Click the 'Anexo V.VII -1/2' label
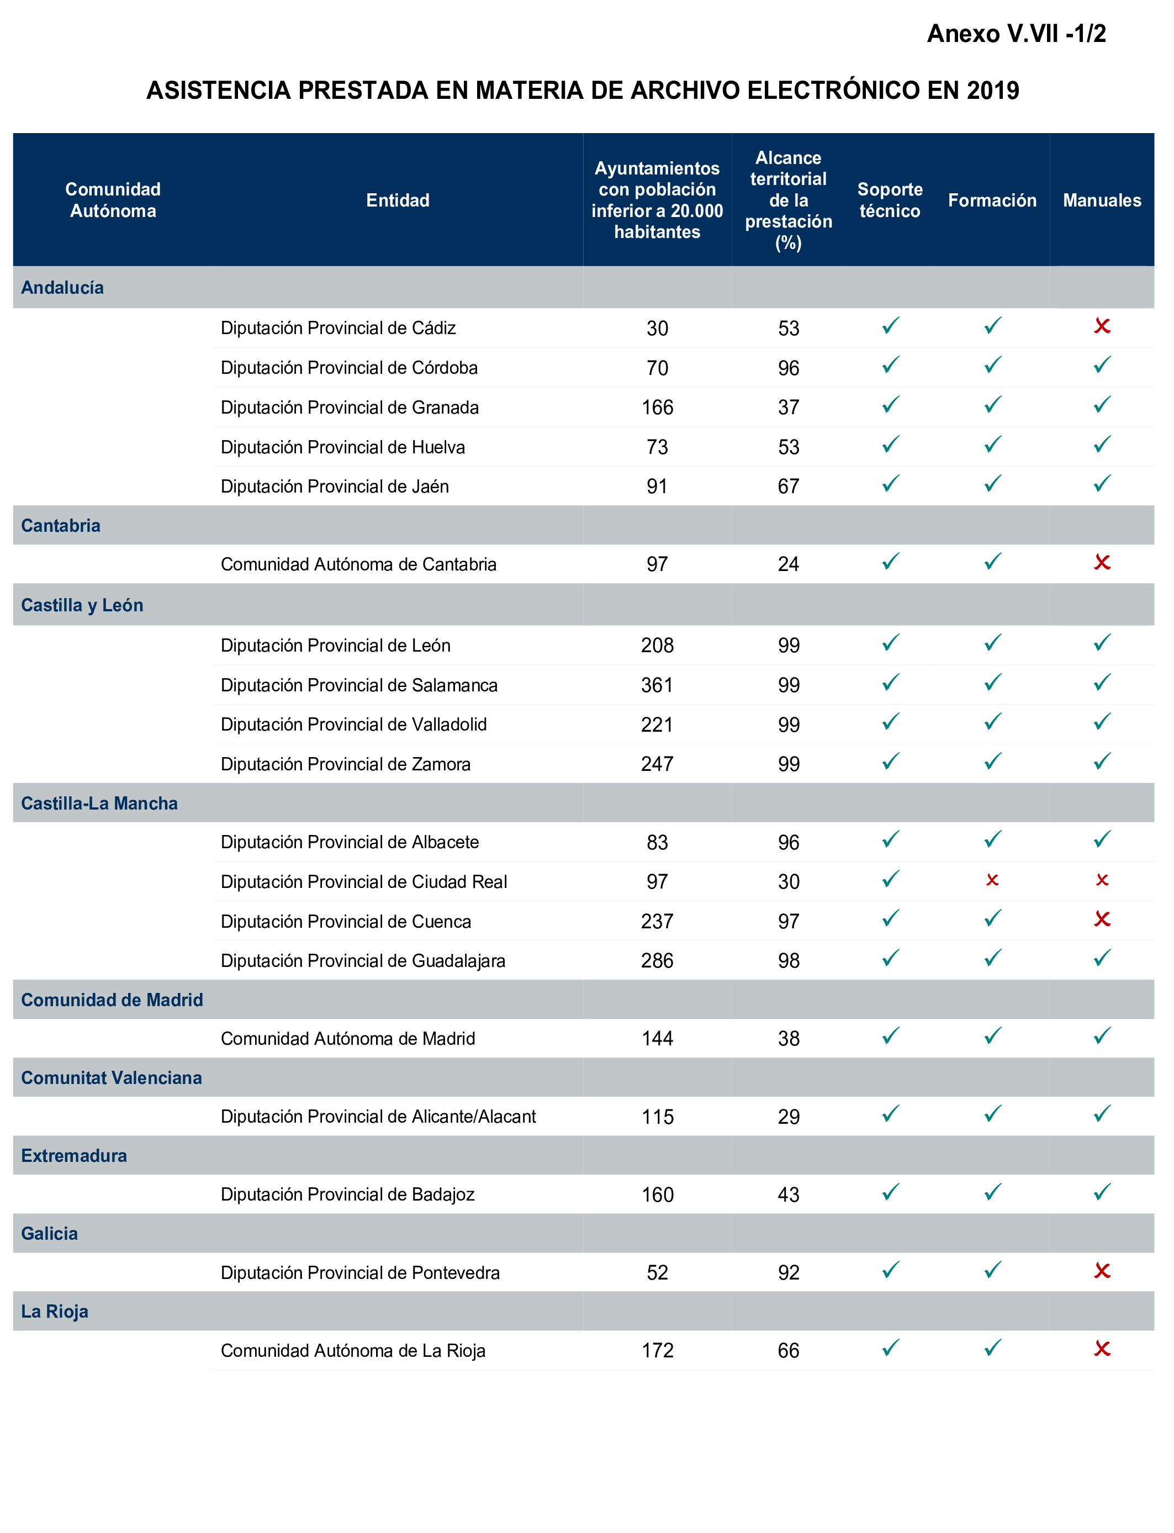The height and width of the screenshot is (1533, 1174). [1016, 34]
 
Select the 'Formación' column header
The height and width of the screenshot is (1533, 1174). [992, 200]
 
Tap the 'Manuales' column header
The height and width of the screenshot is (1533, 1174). [1101, 200]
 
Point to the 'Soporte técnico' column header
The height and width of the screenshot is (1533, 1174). [890, 200]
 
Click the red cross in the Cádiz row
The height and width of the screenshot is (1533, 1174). [1102, 326]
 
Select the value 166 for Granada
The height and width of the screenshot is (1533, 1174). [657, 408]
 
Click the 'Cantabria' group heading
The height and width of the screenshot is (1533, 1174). [61, 525]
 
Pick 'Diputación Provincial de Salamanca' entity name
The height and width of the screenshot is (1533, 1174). [358, 685]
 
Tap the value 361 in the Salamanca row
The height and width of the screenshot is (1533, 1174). [657, 685]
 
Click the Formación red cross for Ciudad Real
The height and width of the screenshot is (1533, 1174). [992, 880]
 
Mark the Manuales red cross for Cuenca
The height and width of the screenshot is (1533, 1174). [1102, 919]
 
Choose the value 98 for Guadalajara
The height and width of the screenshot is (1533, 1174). [788, 961]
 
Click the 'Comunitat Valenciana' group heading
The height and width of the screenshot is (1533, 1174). [111, 1077]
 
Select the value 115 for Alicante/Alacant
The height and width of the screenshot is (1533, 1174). [657, 1117]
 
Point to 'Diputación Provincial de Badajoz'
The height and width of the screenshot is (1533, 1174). [347, 1194]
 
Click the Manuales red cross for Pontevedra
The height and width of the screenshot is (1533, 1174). [1102, 1271]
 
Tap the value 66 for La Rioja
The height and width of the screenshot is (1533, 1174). [788, 1351]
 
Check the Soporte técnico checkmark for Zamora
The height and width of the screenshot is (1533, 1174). [890, 762]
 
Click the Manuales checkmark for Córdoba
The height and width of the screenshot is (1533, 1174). [1102, 366]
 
